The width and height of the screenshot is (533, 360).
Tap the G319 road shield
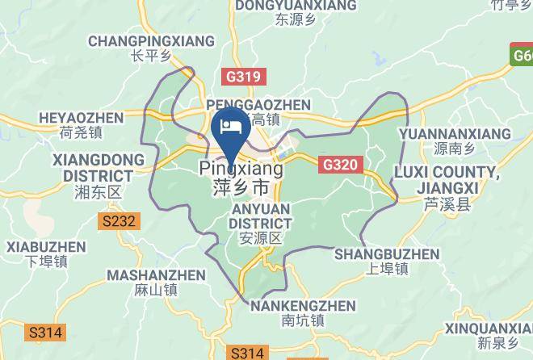[x=241, y=77]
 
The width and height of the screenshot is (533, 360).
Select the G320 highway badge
[x=339, y=165]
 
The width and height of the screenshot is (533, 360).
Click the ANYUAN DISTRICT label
[x=260, y=215]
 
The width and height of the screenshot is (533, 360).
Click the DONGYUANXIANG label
[x=295, y=6]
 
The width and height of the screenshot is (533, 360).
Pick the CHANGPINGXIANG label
[x=152, y=41]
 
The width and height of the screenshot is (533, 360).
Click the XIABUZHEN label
[x=45, y=247]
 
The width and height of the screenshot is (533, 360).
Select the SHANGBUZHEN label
[x=387, y=254]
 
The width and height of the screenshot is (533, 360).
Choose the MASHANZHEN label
[x=157, y=275]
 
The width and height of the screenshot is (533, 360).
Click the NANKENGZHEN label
[x=303, y=306]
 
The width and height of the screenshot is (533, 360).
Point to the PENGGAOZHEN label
[x=258, y=105]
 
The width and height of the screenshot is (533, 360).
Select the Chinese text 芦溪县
[x=447, y=205]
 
